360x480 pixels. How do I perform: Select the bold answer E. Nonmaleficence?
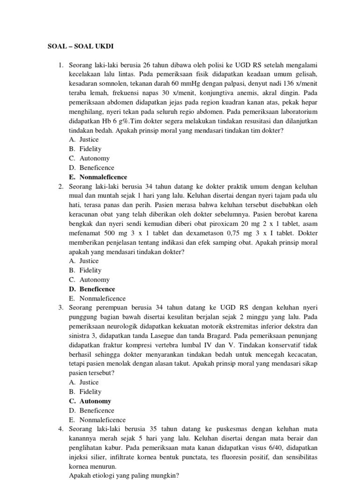pyautogui.click(x=98, y=177)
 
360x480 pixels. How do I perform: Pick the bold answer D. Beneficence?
pyautogui.click(x=92, y=289)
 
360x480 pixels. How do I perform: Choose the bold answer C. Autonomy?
pyautogui.click(x=90, y=401)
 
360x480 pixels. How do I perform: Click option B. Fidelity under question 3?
pyautogui.click(x=85, y=392)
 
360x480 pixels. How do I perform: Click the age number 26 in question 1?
pyautogui.click(x=147, y=65)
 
